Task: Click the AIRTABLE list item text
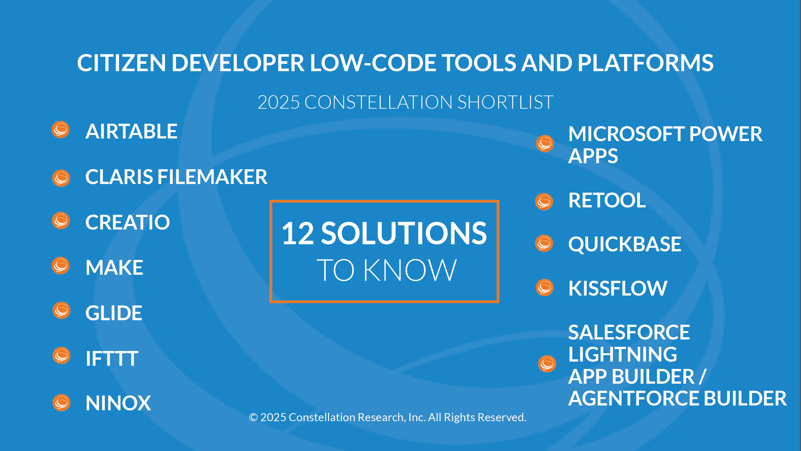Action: click(x=131, y=131)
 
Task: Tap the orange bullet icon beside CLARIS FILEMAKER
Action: click(x=61, y=178)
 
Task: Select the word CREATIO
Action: click(x=128, y=222)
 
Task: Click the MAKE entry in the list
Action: click(x=114, y=267)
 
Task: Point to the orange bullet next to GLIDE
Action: click(x=62, y=310)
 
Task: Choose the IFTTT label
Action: click(x=112, y=358)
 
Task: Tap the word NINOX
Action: click(x=118, y=403)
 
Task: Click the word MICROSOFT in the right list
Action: click(x=626, y=134)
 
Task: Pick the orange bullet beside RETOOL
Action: click(x=544, y=202)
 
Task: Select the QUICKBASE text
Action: click(x=625, y=244)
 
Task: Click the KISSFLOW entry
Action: click(x=618, y=288)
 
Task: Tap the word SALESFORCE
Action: click(x=629, y=332)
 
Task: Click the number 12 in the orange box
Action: click(x=298, y=233)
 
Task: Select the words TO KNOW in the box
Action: click(x=386, y=270)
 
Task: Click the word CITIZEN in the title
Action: click(x=121, y=63)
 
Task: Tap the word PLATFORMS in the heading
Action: click(x=646, y=63)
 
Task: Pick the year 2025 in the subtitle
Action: click(x=278, y=102)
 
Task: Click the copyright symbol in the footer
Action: click(x=253, y=417)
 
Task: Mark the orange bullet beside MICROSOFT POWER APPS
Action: click(x=545, y=144)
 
